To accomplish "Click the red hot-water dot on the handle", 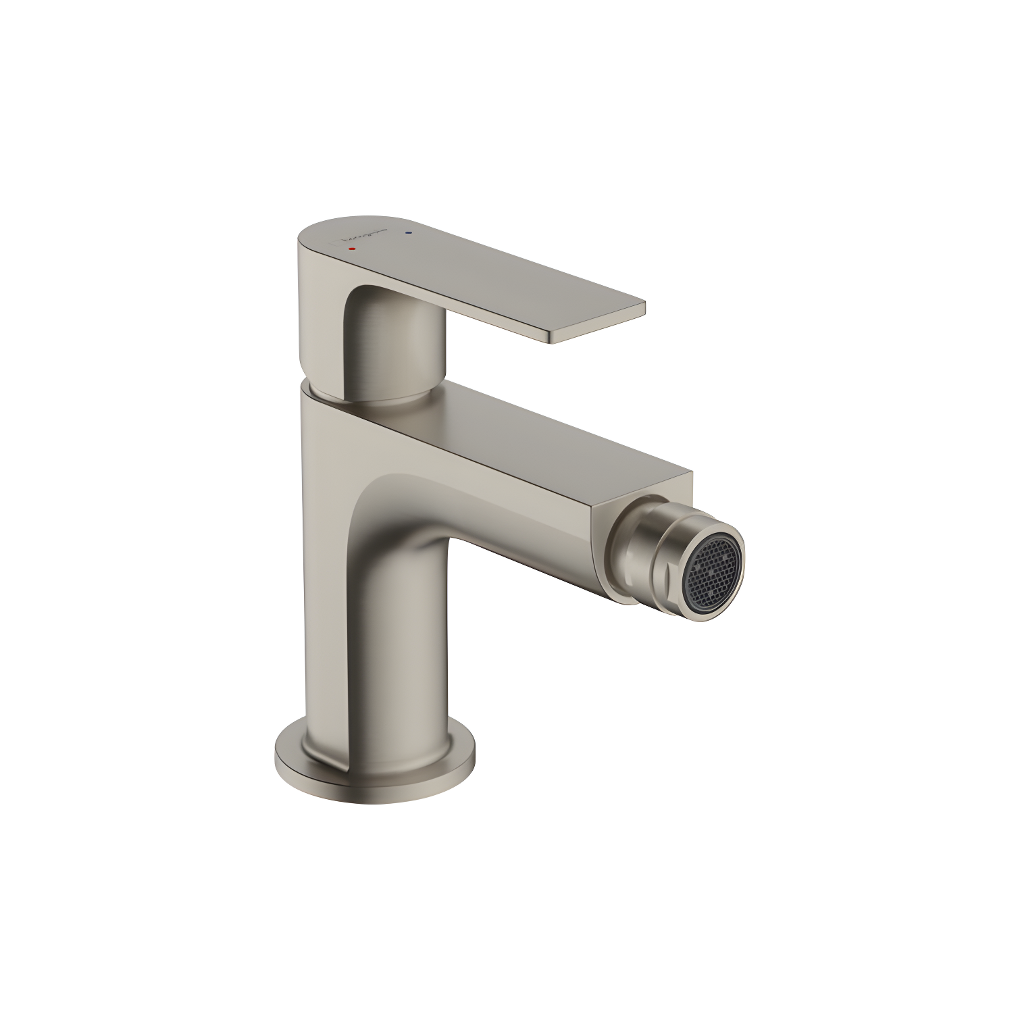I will point(350,249).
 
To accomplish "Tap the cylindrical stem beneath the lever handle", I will point(395,351).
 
